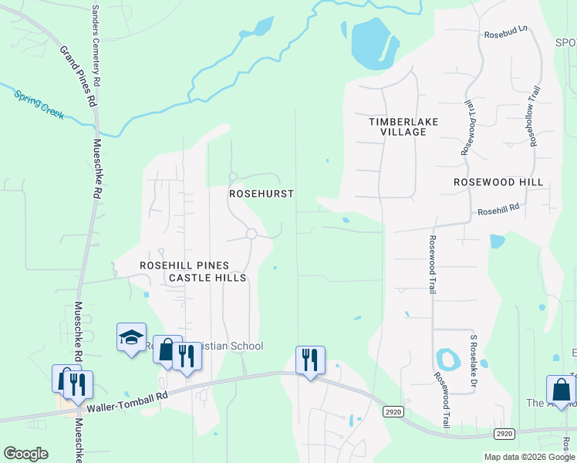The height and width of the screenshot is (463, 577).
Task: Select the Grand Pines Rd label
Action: click(x=79, y=76)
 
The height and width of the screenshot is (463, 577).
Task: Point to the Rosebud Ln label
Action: click(x=504, y=35)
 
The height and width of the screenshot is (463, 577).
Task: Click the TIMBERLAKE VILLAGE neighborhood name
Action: click(x=397, y=127)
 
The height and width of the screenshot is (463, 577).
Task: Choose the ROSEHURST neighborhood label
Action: click(x=262, y=194)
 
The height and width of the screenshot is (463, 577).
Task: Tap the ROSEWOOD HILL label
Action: click(x=498, y=182)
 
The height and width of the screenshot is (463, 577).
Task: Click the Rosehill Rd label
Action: click(x=498, y=210)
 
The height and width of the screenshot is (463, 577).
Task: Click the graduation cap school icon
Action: click(x=131, y=336)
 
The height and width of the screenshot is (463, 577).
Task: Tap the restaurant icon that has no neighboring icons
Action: click(x=310, y=360)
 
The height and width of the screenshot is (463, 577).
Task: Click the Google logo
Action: click(x=25, y=454)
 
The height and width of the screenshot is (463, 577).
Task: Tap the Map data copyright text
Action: click(x=528, y=457)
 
